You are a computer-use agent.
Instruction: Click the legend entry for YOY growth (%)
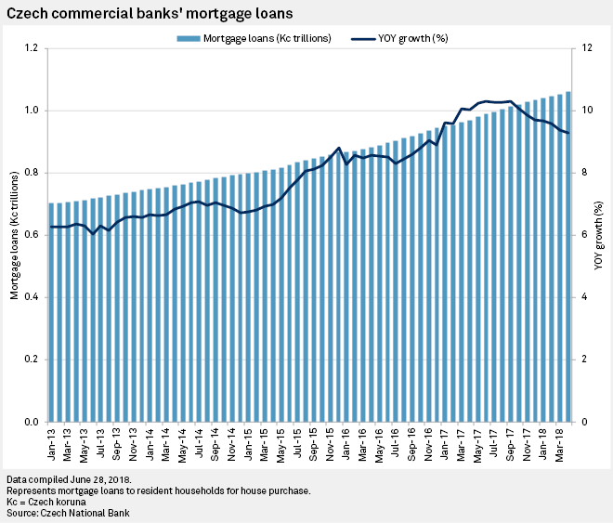(x=400, y=38)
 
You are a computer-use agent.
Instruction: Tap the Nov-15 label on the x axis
(x=330, y=444)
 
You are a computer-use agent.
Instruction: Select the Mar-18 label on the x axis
(x=560, y=444)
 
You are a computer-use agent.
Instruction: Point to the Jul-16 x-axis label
(x=396, y=444)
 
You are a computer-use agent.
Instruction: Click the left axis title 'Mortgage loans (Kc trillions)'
(x=14, y=235)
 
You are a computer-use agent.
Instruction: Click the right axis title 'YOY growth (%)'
(x=599, y=235)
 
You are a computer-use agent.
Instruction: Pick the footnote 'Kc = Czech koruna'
(x=50, y=502)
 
